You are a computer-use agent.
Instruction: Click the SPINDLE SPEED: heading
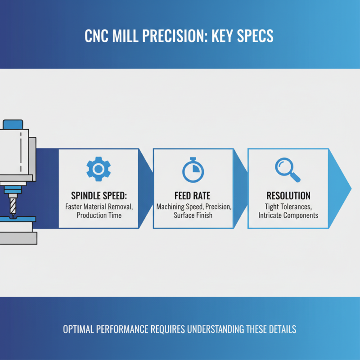(99, 196)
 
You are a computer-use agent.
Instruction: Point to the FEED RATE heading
(193, 196)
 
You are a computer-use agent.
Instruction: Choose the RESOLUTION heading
(288, 196)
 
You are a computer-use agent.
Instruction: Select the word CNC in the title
(97, 36)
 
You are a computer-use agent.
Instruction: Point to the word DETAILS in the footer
(280, 329)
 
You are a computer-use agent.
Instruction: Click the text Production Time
(99, 216)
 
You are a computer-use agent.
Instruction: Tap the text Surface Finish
(193, 216)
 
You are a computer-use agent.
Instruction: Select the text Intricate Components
(288, 216)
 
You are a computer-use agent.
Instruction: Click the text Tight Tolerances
(288, 207)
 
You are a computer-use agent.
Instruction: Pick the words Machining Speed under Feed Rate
(178, 207)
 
